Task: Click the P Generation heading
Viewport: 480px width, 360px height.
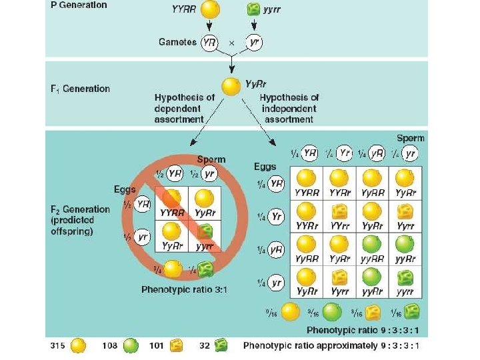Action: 79,5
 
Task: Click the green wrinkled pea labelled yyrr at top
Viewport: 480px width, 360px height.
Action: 253,9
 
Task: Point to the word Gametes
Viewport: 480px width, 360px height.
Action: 177,42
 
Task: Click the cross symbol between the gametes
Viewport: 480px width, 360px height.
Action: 232,42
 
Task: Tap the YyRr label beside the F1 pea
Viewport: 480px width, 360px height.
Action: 257,85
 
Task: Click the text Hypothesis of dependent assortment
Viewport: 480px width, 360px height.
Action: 185,108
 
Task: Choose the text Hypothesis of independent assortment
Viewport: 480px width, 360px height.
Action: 288,108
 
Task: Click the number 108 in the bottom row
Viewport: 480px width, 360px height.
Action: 111,345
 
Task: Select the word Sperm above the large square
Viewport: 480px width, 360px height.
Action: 410,139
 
